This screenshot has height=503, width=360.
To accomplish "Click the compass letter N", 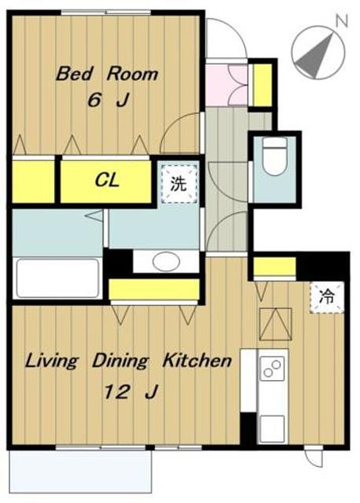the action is tap(341, 21).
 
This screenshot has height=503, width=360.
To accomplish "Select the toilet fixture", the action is tap(274, 156).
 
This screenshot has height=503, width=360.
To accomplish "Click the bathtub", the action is tap(58, 278).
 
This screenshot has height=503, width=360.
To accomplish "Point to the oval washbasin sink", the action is tap(166, 261).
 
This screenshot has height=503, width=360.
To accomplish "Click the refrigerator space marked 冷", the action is tap(327, 297).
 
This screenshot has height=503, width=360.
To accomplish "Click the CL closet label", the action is tap(107, 180).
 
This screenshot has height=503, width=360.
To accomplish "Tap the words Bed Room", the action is tap(107, 74).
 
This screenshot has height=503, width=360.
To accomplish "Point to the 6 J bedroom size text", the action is tap(108, 100).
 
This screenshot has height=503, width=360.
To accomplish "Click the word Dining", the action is tap(120, 361).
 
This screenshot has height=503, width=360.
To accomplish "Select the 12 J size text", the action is tap(131, 391).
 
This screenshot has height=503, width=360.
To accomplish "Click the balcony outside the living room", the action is tap(81, 471).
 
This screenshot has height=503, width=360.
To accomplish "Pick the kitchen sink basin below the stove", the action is tap(272, 428).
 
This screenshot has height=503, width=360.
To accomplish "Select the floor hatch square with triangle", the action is tap(276, 325).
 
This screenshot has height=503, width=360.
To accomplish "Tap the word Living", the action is tap(51, 361).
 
